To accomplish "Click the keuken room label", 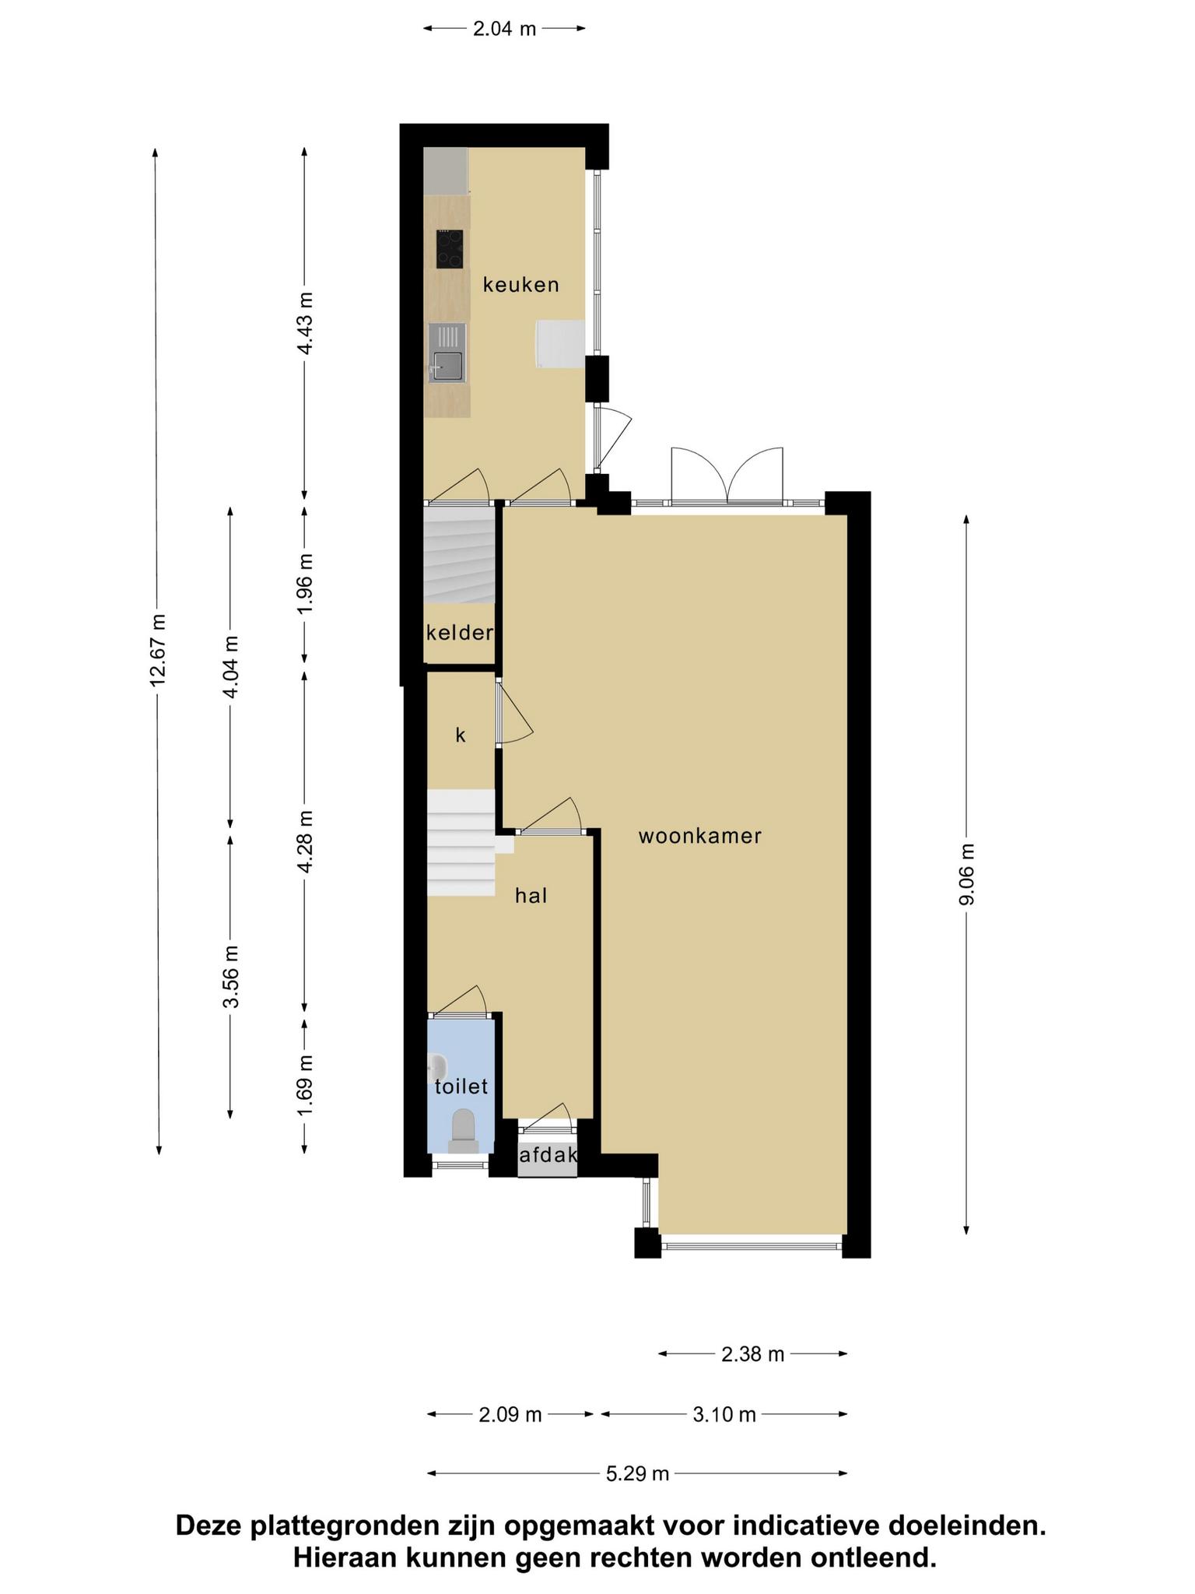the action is [520, 285].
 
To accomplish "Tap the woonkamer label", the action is [699, 837].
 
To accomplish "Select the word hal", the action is [531, 896].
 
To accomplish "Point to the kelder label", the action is [460, 633].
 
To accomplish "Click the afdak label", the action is [548, 1156].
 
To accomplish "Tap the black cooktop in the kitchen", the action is [450, 249].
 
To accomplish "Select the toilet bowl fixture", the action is [464, 1131].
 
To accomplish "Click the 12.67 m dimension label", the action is [158, 651].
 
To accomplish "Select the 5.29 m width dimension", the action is [637, 1473].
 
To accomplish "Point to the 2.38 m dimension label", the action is [752, 1354].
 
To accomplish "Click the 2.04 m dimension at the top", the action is [504, 29].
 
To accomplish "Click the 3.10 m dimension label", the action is [724, 1414].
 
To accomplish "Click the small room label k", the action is [460, 735].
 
